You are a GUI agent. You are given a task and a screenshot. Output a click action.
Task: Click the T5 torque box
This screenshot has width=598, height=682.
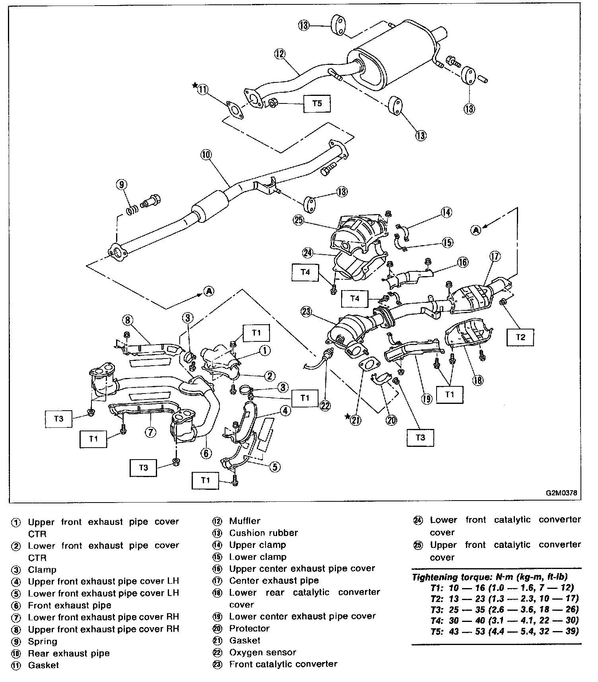[316, 103]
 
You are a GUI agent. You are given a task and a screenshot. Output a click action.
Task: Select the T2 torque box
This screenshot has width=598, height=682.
[520, 337]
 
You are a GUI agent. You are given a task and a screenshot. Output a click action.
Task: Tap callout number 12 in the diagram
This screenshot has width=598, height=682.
[280, 54]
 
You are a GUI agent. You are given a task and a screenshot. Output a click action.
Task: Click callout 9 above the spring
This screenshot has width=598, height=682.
[122, 184]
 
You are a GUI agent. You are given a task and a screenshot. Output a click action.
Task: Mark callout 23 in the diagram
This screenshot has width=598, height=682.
[306, 312]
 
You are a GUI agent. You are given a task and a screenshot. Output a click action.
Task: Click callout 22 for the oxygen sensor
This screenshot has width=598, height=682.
[325, 405]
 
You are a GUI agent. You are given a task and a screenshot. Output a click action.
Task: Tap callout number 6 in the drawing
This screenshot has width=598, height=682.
[206, 453]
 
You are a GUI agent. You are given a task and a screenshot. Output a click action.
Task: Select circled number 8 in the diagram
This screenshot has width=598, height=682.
[128, 320]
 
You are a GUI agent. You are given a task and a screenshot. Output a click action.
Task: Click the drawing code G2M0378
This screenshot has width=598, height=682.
[561, 493]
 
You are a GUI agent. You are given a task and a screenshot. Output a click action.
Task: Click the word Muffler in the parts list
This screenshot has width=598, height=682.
[245, 521]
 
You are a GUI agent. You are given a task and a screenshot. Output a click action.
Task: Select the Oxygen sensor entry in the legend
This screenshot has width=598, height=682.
[262, 652]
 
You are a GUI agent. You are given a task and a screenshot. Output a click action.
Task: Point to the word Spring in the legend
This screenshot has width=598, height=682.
[42, 641]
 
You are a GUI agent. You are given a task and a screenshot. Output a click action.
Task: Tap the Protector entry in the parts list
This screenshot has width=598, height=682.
[249, 628]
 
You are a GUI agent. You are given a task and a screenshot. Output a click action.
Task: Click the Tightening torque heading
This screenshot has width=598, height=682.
[489, 577]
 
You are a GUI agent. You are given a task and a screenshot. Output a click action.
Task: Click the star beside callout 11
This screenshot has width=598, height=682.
[194, 85]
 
